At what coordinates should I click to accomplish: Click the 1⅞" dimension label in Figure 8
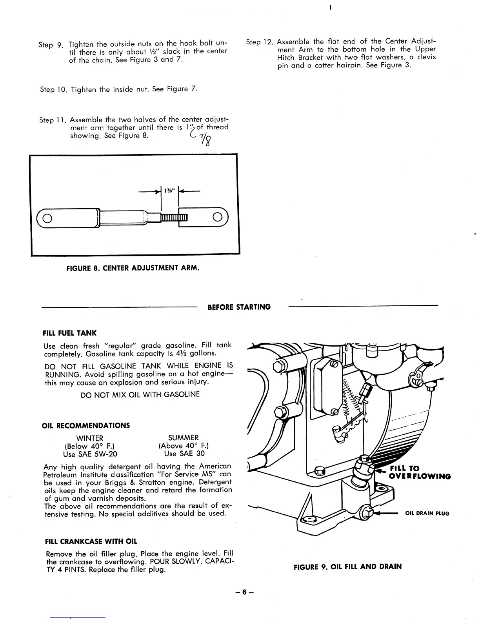pos(170,191)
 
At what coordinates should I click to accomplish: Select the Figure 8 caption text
pos(133,269)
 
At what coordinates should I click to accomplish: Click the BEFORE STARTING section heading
pos(239,307)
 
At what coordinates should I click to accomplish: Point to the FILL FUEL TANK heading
pos(69,333)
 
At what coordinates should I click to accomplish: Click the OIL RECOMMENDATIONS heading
pos(85,425)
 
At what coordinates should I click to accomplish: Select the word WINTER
pos(90,438)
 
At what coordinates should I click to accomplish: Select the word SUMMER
pos(183,438)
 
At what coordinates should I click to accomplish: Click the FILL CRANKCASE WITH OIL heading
pos(91,542)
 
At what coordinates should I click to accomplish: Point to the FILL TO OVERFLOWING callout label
pos(419,472)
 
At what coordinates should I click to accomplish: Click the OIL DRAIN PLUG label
pos(427,514)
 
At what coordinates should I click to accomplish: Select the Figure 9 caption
pos(347,567)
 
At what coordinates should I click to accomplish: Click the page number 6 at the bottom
pos(244,592)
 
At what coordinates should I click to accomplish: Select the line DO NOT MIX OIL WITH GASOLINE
pos(140,394)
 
